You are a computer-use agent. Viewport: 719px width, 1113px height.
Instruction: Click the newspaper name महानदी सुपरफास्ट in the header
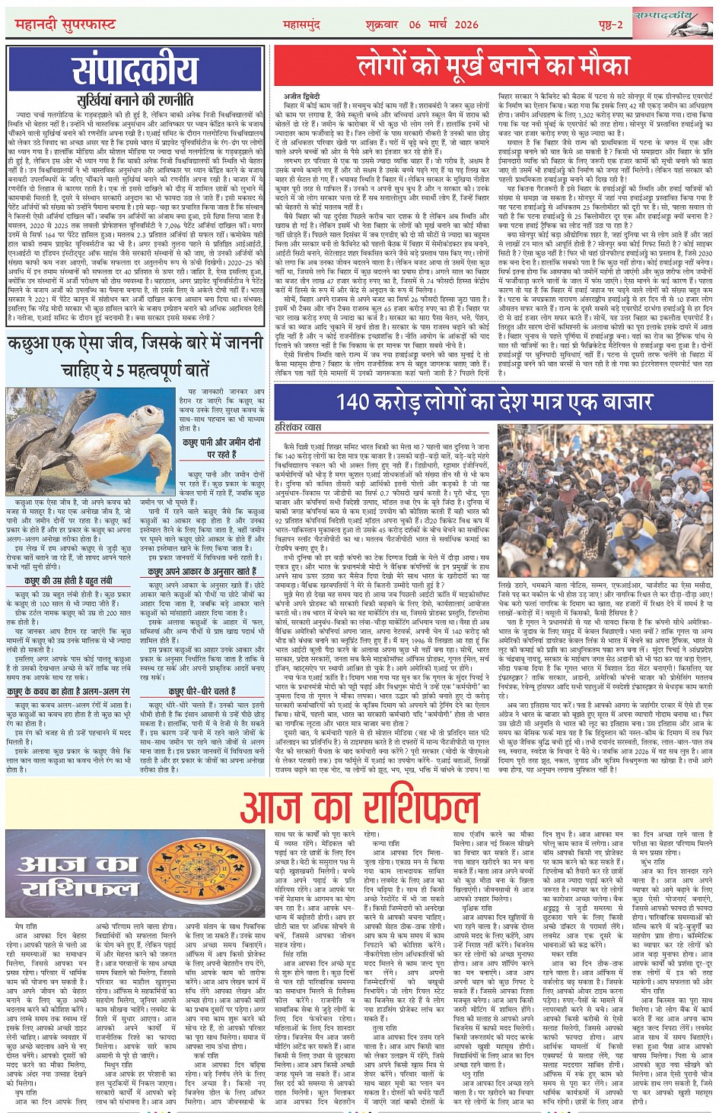[x=65, y=24]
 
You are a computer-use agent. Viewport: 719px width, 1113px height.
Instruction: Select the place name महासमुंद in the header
[x=302, y=24]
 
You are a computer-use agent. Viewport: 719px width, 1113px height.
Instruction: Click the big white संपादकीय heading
[x=135, y=72]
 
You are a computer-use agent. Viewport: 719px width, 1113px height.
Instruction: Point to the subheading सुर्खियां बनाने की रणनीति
[x=135, y=100]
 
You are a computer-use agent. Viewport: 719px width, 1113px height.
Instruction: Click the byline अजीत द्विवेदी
[x=300, y=96]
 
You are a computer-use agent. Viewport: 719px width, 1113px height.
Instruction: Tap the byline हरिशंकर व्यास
[x=303, y=428]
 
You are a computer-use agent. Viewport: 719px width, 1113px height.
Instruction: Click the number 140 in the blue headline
[x=355, y=401]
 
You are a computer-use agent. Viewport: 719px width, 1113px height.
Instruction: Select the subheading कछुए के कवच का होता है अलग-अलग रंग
[x=68, y=692]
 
